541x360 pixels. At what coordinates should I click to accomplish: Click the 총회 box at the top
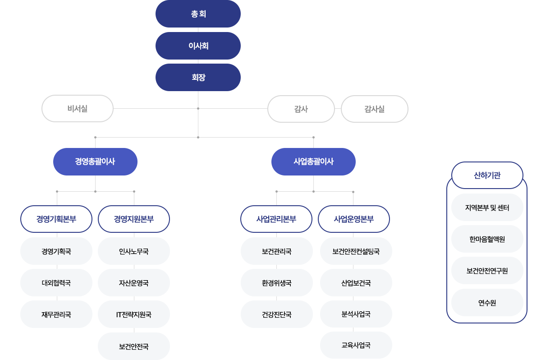click(x=198, y=14)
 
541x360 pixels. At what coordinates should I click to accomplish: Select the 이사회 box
click(x=198, y=46)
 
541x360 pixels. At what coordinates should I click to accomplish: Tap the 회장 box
click(x=198, y=77)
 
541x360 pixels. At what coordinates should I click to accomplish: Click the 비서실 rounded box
click(x=77, y=108)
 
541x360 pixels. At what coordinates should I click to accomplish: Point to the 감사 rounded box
click(x=301, y=109)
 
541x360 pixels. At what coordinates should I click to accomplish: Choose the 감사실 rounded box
click(x=374, y=109)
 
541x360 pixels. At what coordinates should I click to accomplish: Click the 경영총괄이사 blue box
click(x=95, y=162)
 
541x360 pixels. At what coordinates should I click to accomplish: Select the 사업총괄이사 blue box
click(x=313, y=162)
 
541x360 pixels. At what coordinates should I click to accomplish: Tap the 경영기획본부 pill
click(x=56, y=219)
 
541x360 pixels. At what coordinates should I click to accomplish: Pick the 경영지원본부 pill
click(x=134, y=219)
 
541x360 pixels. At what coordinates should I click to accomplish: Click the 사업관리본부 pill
click(x=276, y=219)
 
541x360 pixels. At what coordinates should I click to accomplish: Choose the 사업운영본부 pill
click(x=354, y=219)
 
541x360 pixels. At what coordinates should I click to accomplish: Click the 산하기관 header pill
click(x=487, y=175)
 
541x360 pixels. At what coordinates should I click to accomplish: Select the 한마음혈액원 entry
click(x=487, y=239)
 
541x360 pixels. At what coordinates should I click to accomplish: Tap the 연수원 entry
click(x=487, y=303)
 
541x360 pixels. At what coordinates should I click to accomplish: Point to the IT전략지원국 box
click(x=134, y=314)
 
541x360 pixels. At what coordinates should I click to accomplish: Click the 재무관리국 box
click(x=56, y=314)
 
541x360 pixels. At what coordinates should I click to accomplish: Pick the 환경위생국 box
click(x=277, y=283)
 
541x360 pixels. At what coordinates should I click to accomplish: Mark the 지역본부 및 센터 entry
click(x=487, y=208)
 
